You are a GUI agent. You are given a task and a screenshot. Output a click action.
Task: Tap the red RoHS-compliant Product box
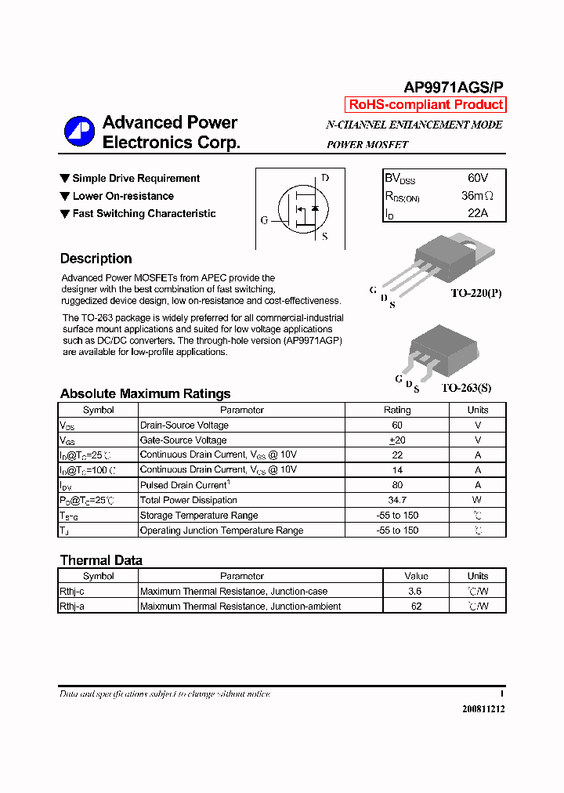click(425, 105)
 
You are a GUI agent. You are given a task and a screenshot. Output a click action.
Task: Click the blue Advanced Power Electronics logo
click(79, 131)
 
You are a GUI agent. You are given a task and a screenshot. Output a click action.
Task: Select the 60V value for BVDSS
click(478, 179)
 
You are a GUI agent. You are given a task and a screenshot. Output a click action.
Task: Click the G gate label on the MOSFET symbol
click(264, 220)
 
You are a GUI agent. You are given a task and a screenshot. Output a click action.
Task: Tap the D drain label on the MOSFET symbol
click(325, 178)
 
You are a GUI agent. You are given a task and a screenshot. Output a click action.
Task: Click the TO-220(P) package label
click(475, 293)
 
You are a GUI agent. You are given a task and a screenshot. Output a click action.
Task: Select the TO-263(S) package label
click(466, 388)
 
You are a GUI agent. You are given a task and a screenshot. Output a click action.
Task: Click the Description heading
click(96, 259)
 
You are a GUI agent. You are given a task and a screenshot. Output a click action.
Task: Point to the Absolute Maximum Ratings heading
click(145, 393)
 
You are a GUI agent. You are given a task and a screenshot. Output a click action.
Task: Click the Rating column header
click(397, 410)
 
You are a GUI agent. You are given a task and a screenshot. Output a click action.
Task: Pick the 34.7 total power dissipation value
click(397, 500)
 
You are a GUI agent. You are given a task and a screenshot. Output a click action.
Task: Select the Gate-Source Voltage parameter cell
click(183, 440)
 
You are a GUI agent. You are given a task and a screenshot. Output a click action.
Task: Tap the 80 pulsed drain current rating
click(397, 485)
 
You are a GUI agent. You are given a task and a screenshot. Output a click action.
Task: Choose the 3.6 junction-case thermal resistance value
click(415, 592)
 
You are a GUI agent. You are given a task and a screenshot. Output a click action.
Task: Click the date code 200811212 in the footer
click(483, 708)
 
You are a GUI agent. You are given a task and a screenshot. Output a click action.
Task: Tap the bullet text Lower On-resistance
click(123, 196)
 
